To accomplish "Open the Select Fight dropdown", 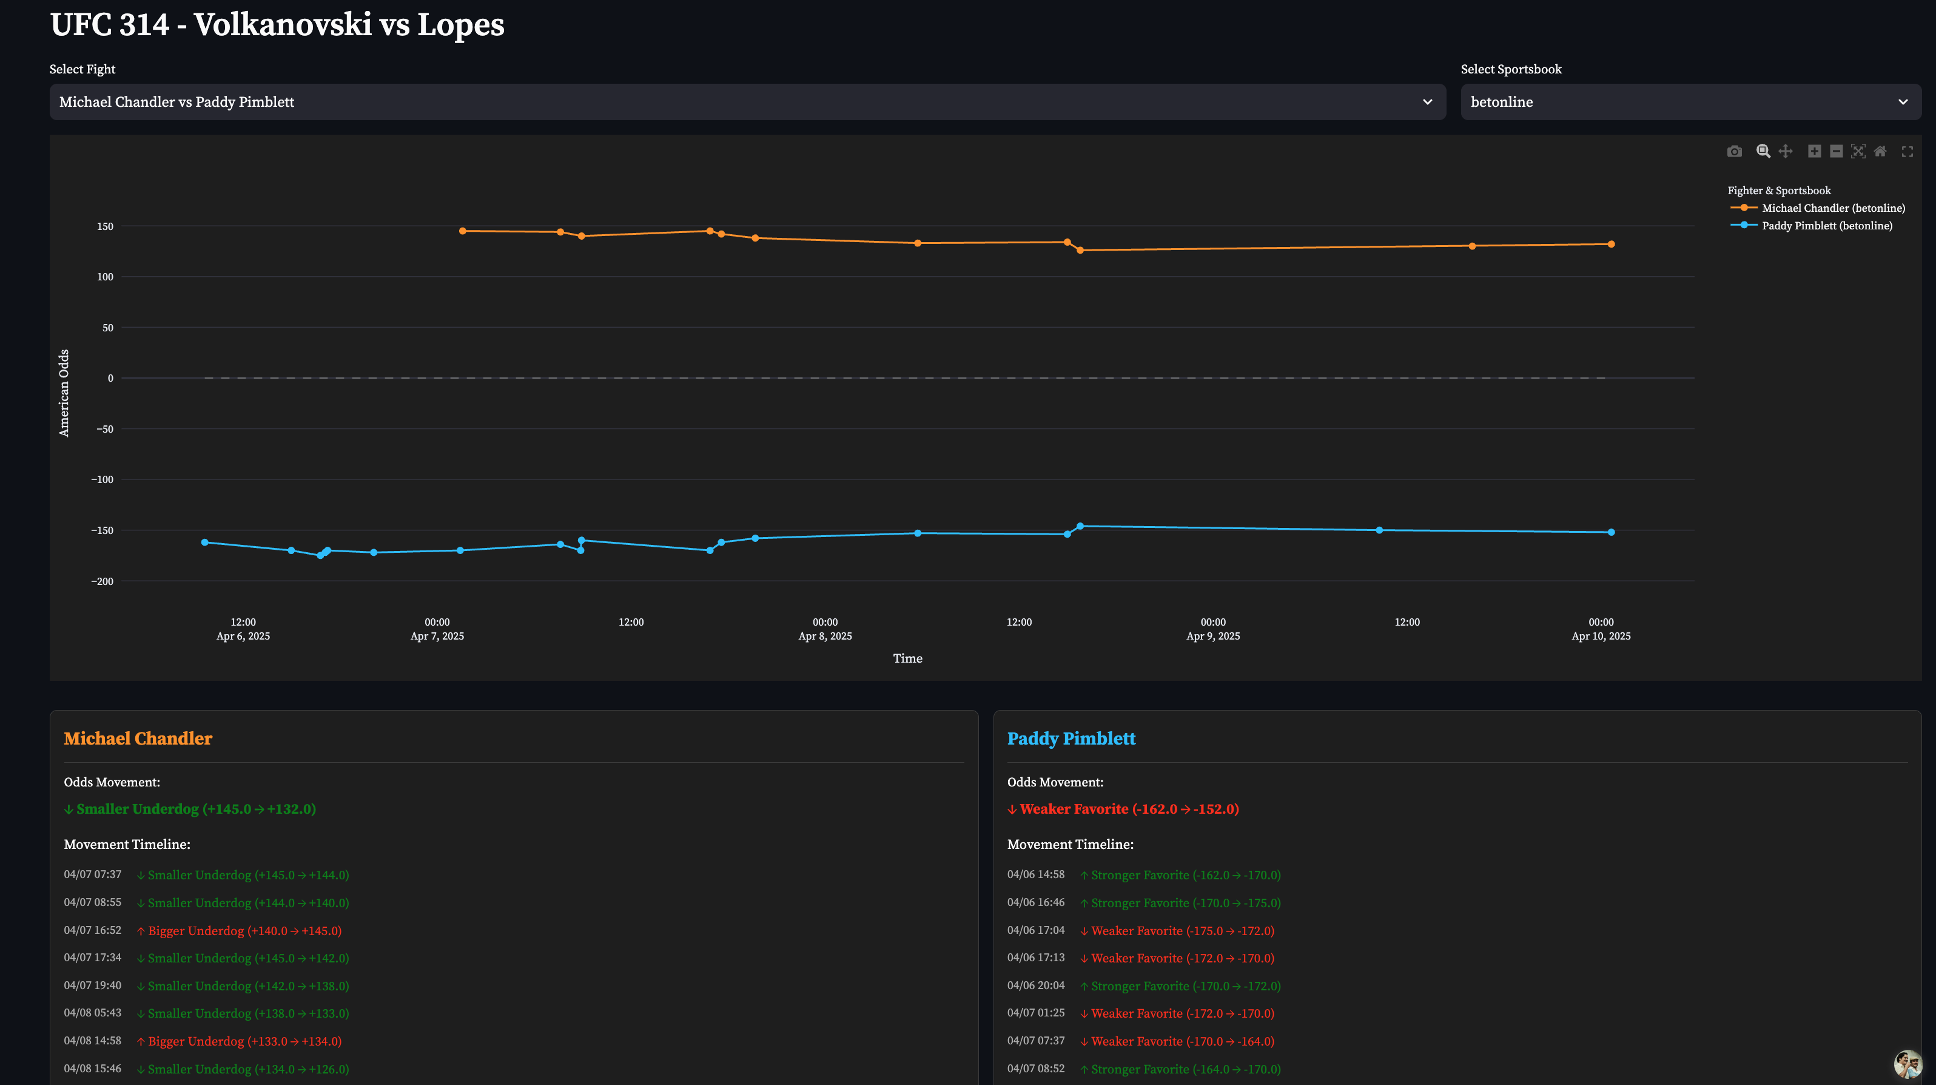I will (747, 101).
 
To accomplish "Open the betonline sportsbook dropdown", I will (1690, 101).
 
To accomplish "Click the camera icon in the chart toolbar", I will (1734, 151).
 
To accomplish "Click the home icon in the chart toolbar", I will (1880, 151).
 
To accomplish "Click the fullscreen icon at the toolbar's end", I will (1907, 151).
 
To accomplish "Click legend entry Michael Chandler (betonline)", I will (1832, 208).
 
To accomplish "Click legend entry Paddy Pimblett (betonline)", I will (1826, 226).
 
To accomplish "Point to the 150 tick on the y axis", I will (105, 226).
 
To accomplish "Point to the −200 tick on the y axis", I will (103, 581).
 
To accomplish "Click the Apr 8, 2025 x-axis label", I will (824, 636).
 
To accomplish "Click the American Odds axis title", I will (64, 393).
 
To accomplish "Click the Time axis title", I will (907, 658).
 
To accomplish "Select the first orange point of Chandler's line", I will (462, 231).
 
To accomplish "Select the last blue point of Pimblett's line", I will (1610, 532).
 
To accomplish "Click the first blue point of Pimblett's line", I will (204, 542).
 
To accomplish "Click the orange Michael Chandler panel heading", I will (138, 739).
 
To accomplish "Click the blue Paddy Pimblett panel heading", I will (1071, 739).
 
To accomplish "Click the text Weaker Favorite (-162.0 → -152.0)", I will (1129, 809).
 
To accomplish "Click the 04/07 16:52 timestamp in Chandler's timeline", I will (92, 930).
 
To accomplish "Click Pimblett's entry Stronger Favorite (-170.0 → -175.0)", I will (1185, 903).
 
